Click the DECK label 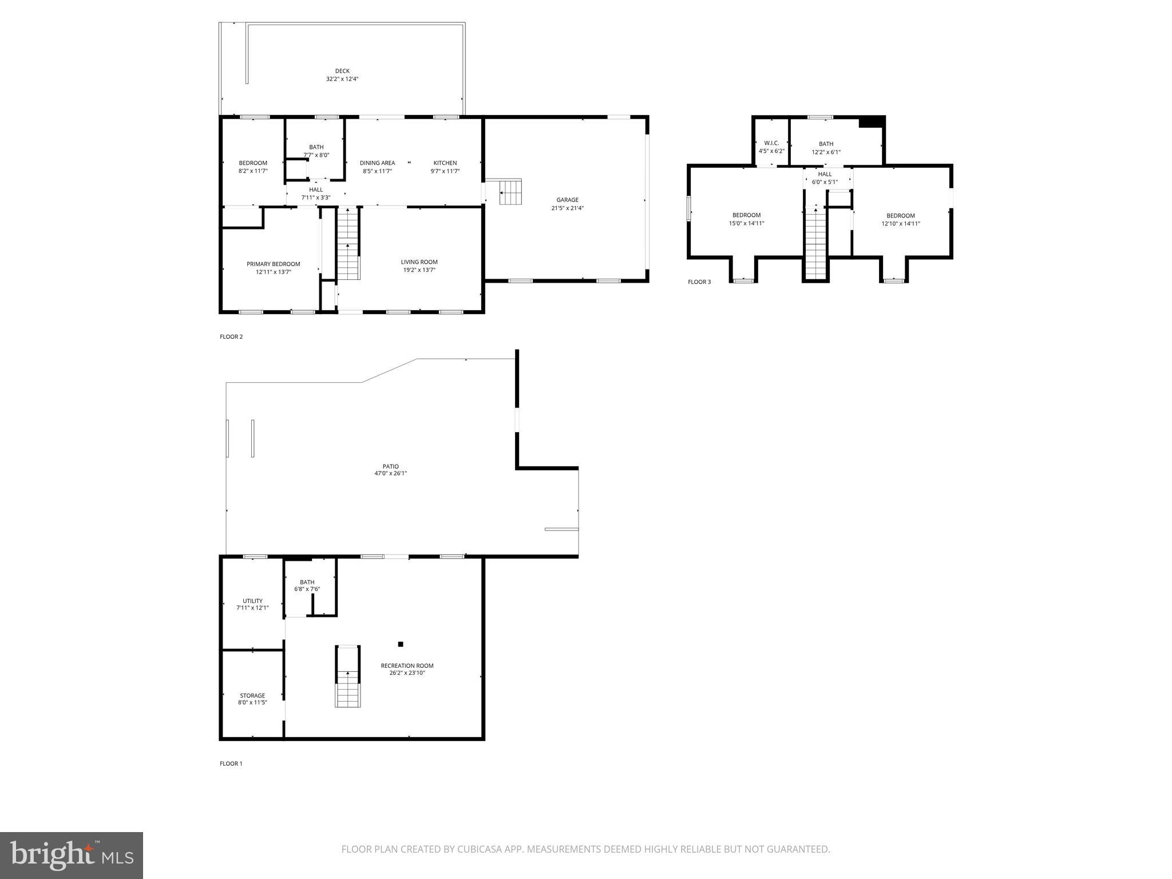coord(342,71)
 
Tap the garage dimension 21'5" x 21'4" coord(567,208)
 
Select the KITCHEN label coord(445,163)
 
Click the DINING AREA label coord(377,163)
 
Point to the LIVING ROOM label coord(419,262)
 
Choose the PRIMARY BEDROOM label coord(273,264)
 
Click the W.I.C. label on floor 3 coord(771,143)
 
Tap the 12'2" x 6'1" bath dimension coord(826,152)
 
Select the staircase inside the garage coord(510,192)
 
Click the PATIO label coord(390,466)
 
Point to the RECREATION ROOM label coord(407,666)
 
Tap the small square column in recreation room coord(401,644)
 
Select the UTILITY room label coord(252,601)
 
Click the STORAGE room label coord(252,695)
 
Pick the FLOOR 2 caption coord(231,336)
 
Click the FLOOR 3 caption coord(699,282)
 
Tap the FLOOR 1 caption coord(231,763)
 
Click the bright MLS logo coord(71,856)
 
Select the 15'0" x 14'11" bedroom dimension coord(746,224)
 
